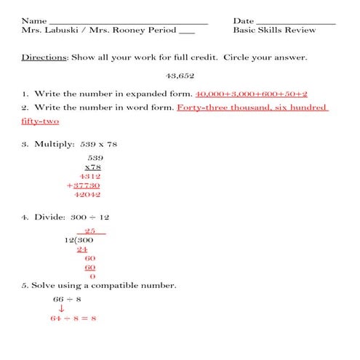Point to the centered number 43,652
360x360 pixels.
(x=180, y=76)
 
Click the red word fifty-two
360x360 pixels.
(x=40, y=121)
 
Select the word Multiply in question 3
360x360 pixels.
(x=55, y=144)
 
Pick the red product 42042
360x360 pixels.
(x=87, y=195)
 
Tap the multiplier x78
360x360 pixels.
(x=92, y=167)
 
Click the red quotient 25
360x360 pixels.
(x=90, y=231)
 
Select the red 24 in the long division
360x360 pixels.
(x=82, y=249)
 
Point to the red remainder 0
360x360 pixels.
(x=92, y=276)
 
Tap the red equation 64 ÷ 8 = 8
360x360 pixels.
(x=73, y=319)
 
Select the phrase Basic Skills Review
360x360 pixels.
(x=274, y=31)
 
